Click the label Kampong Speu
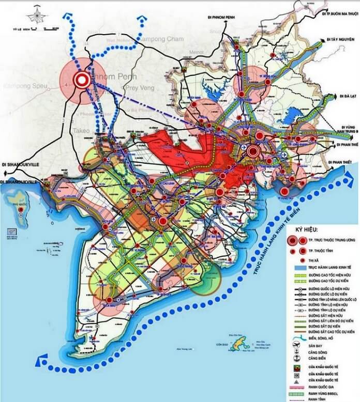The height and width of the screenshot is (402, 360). pos(25,85)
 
